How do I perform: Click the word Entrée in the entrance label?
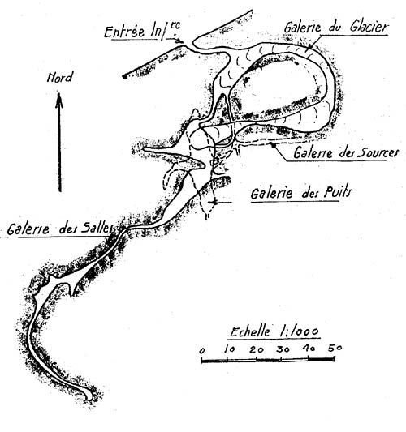124,32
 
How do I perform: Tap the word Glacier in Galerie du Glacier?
369,28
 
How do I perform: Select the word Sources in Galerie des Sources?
378,153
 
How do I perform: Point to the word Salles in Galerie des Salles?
97,228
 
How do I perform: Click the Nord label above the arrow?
60,77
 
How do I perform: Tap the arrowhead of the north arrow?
59,100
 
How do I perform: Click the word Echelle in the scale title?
250,331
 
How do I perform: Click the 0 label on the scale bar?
202,351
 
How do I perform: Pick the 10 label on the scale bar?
230,349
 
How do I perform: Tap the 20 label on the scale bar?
257,349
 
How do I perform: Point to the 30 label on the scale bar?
283,349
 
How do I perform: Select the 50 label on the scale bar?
335,348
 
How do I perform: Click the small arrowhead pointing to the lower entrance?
181,41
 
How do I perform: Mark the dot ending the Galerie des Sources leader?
274,145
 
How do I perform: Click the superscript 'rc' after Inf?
175,25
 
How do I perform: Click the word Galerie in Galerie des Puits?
271,193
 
